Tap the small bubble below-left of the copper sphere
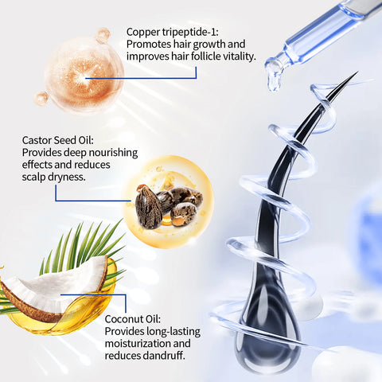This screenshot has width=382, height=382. coord(41,99)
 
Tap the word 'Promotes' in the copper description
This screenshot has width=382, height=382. coord(151,45)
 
